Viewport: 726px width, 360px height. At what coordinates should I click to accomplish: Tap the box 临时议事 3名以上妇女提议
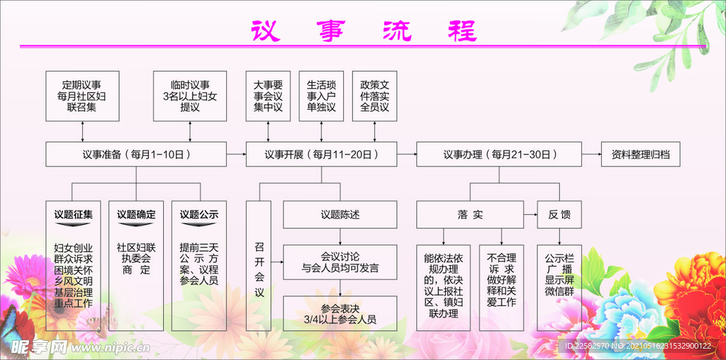[x=190, y=96]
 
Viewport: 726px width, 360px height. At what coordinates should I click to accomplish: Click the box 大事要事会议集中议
[x=268, y=96]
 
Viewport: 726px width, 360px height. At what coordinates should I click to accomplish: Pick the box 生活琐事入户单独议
[x=321, y=96]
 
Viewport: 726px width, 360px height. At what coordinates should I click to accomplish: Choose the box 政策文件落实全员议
[x=374, y=96]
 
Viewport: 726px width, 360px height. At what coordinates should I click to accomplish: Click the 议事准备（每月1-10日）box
[x=135, y=154]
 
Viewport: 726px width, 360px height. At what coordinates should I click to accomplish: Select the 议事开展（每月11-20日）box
[x=321, y=154]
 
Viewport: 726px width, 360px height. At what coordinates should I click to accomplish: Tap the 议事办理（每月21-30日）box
[x=499, y=154]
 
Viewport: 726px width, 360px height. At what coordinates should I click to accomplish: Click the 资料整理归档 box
[x=640, y=154]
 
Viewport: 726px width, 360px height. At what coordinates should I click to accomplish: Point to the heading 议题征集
[x=74, y=214]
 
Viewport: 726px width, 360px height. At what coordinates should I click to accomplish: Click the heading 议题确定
[x=136, y=214]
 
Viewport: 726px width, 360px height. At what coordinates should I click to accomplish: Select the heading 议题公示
[x=199, y=214]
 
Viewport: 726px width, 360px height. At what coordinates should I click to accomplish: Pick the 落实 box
[x=469, y=214]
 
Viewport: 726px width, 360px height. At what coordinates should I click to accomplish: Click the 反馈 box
[x=559, y=214]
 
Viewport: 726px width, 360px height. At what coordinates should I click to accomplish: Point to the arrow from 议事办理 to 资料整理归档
[x=591, y=154]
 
